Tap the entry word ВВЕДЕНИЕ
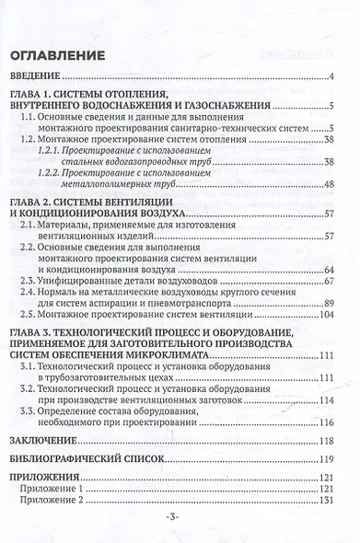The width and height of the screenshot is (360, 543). pos(37,75)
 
